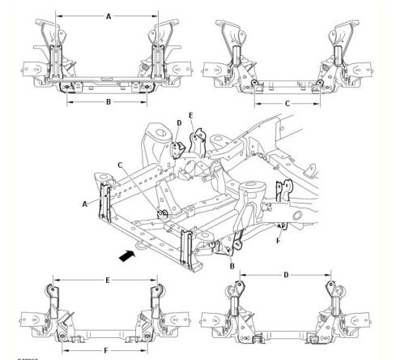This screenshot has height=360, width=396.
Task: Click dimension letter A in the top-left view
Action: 109,15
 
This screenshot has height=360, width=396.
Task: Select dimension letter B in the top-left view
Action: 108,103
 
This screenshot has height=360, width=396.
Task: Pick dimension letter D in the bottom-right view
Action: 285,276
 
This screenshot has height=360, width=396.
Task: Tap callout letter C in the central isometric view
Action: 119,165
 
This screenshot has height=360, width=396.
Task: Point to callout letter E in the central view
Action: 190,116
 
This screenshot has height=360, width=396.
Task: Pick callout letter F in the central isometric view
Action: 279,241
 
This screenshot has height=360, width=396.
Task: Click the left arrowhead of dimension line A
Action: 60,15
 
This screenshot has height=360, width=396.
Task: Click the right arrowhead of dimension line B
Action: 148,103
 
